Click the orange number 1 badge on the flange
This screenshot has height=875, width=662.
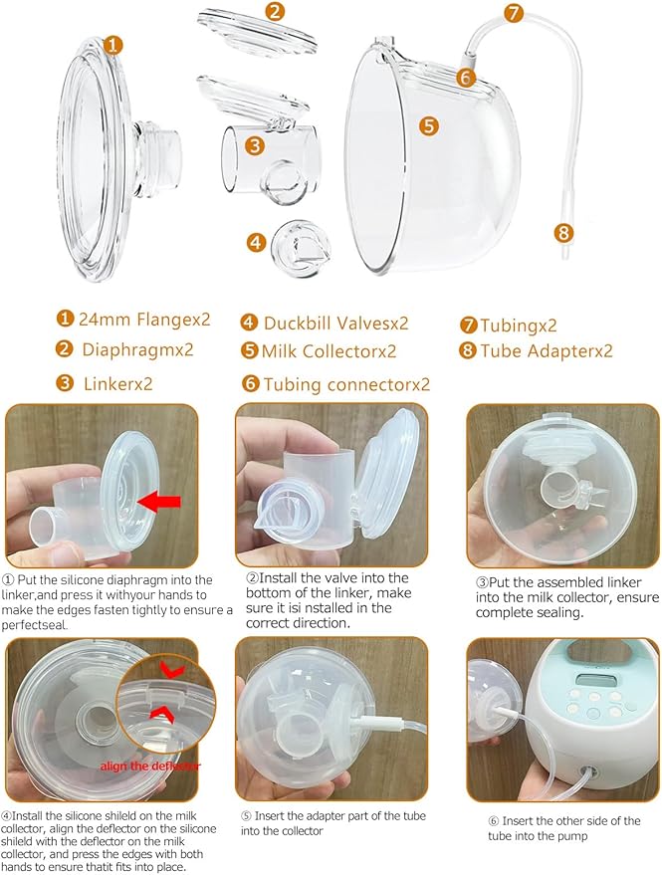pyautogui.click(x=114, y=45)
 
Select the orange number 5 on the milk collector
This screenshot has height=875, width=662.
pyautogui.click(x=429, y=125)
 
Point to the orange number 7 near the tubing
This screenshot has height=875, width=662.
pyautogui.click(x=514, y=13)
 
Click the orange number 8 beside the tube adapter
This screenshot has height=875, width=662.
pyautogui.click(x=565, y=233)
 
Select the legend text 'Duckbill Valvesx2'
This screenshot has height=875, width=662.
pyautogui.click(x=335, y=323)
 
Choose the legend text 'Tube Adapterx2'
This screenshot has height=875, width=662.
pyautogui.click(x=547, y=350)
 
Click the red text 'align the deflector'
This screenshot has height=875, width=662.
pyautogui.click(x=148, y=766)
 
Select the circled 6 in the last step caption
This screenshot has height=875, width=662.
pyautogui.click(x=493, y=821)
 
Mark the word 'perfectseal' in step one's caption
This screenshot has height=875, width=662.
pyautogui.click(x=43, y=623)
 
